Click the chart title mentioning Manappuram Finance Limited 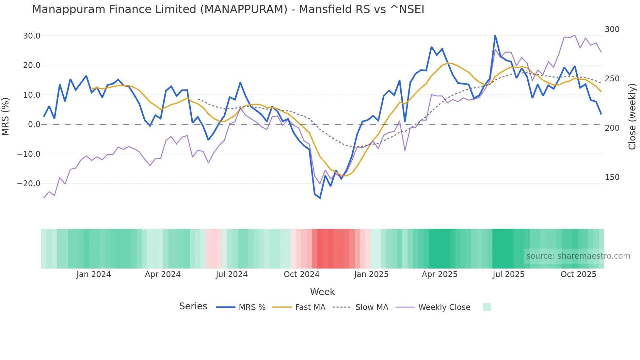point(228,9)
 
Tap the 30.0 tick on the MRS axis point(32,36)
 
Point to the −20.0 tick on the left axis point(29,184)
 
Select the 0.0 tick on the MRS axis point(34,124)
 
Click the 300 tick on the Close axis point(612,29)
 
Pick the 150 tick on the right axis point(612,177)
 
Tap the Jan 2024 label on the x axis point(94,274)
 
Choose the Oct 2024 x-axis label point(301,274)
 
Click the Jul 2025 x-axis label point(508,274)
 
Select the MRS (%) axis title point(6,116)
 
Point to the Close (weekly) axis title point(632,117)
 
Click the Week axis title point(322,292)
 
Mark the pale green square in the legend point(487,307)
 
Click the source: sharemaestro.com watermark point(578,256)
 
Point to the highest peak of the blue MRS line point(495,35)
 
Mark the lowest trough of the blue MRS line point(320,198)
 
